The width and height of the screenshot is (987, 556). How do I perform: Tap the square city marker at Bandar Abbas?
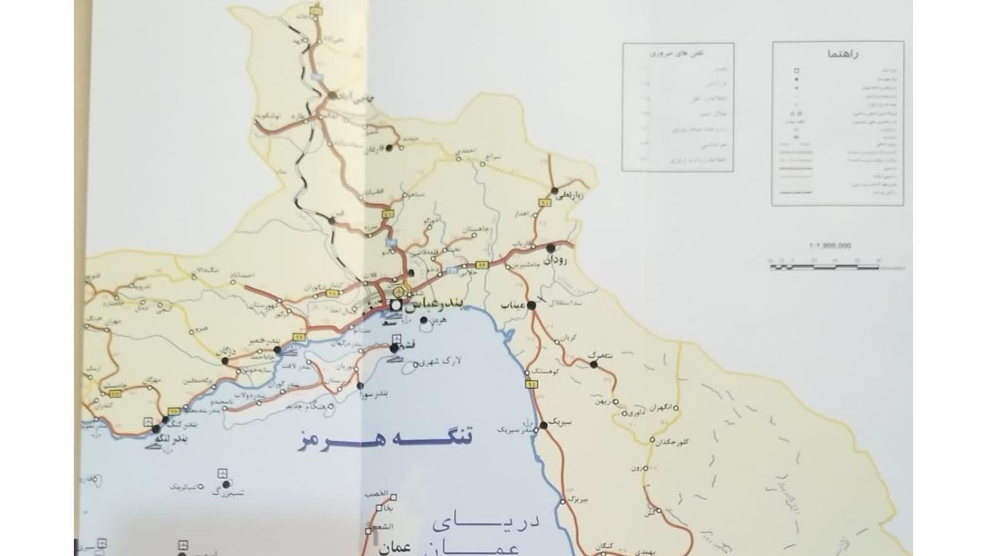[395, 305]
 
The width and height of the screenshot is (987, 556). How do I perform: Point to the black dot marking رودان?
[550, 248]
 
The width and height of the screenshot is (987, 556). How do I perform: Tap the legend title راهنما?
[844, 54]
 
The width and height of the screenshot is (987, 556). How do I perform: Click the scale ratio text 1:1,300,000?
[830, 246]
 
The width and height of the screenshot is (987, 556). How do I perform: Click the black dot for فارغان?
[389, 148]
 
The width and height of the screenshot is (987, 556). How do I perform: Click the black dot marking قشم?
[394, 348]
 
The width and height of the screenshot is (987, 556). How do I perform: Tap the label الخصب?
[378, 494]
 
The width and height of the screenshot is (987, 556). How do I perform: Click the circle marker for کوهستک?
[528, 373]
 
